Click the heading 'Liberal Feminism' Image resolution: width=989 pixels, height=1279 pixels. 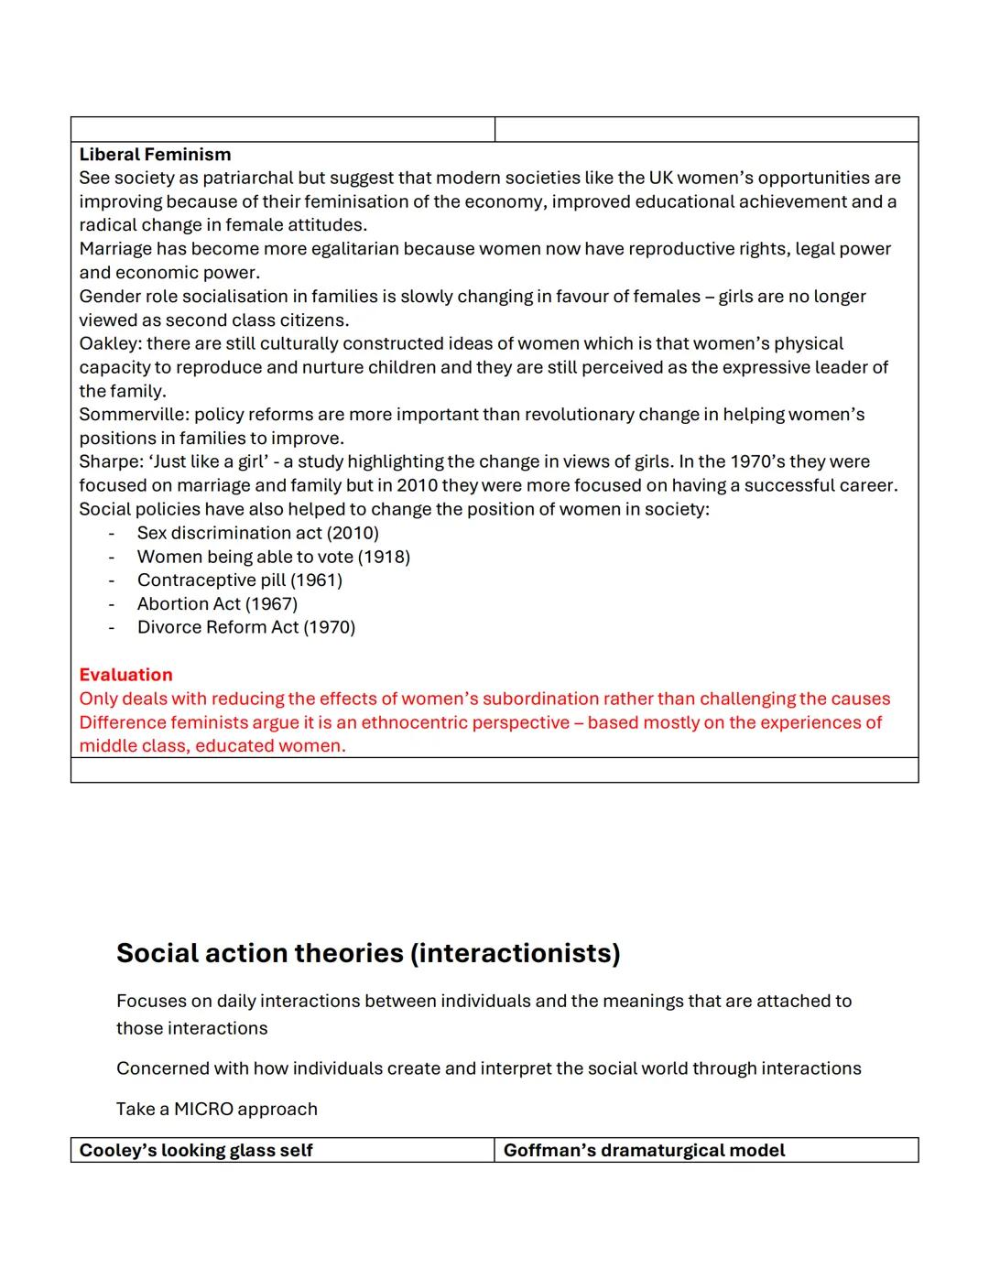[x=155, y=155]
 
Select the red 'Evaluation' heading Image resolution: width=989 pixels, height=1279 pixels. [x=125, y=675]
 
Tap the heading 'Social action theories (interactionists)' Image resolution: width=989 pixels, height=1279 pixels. [x=368, y=953]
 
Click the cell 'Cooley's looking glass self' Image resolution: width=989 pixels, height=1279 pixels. [x=196, y=1151]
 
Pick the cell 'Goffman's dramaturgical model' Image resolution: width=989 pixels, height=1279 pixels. [x=644, y=1151]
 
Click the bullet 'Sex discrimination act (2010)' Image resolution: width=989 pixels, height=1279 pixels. [x=257, y=533]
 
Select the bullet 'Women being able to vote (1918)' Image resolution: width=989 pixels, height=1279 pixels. [x=273, y=557]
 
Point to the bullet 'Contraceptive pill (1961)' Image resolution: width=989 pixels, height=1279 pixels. [x=239, y=580]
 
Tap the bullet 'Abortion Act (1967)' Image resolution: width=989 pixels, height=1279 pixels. [x=217, y=604]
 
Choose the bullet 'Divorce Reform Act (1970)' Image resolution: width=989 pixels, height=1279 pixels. [x=245, y=628]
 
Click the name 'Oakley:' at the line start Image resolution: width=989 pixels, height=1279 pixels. [x=110, y=344]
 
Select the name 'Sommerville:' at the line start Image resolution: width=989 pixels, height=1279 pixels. [x=134, y=415]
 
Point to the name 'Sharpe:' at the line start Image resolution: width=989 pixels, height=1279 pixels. [x=110, y=462]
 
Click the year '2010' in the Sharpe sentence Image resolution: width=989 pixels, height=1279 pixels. [x=418, y=486]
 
